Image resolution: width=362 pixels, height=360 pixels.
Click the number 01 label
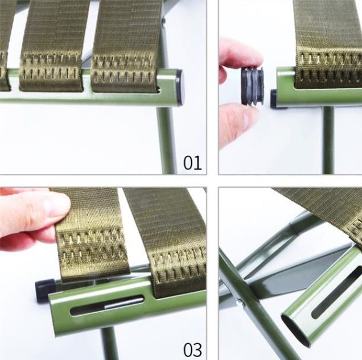pos(192,163)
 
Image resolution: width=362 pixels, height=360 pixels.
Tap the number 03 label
pos(192,350)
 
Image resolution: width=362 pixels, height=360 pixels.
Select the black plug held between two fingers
pos(253,86)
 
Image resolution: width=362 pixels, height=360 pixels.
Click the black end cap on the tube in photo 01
pos(180,88)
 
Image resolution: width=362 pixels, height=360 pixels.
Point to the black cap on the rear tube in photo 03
pos(45,291)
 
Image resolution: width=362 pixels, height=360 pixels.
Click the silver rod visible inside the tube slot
pos(124,303)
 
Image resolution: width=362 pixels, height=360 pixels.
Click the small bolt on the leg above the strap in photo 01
pos(163,20)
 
